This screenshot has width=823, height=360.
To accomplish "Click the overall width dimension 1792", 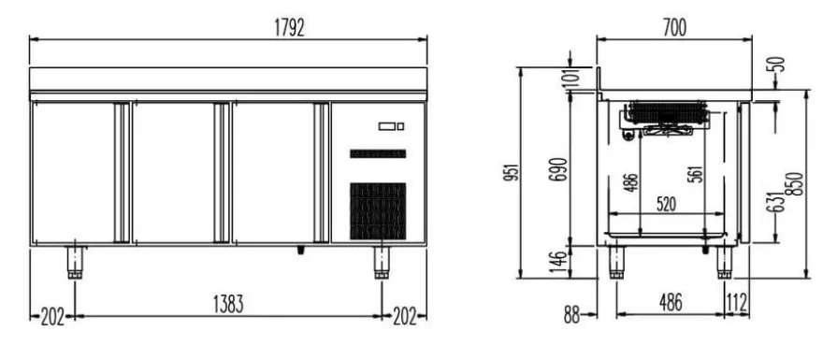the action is click(289, 28).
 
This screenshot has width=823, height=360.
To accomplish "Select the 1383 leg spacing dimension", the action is click(228, 305).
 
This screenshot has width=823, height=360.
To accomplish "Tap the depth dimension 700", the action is click(674, 28).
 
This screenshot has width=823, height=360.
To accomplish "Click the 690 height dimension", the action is click(560, 169).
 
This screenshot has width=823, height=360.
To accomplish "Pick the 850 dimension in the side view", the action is click(797, 183).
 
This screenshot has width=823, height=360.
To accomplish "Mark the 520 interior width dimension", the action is click(666, 204).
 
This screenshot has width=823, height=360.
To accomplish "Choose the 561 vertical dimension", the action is click(694, 174).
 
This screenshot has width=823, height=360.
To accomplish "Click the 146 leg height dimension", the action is click(560, 263).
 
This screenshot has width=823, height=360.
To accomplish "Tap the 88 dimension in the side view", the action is click(572, 315).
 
